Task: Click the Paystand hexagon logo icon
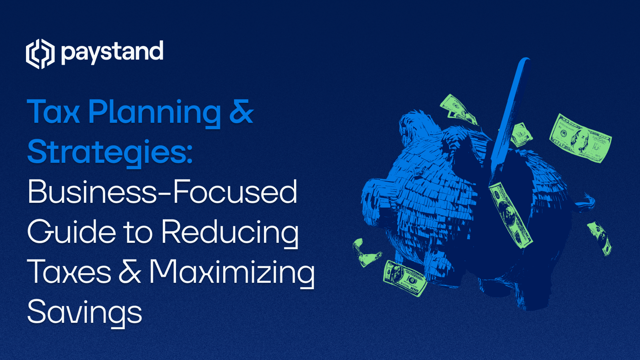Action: tap(40, 54)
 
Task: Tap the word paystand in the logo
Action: tap(112, 52)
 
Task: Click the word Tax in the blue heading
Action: tap(53, 112)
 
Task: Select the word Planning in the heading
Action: tap(154, 112)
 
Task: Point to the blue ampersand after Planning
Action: tap(241, 112)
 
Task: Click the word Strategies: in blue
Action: tap(110, 152)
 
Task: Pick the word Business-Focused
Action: tap(162, 192)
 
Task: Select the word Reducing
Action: tap(230, 232)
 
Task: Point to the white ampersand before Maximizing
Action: tap(130, 272)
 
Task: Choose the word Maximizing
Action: tap(232, 272)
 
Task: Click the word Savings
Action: tap(84, 312)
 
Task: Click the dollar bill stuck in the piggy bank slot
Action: tap(510, 214)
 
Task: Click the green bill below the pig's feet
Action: tap(404, 278)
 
